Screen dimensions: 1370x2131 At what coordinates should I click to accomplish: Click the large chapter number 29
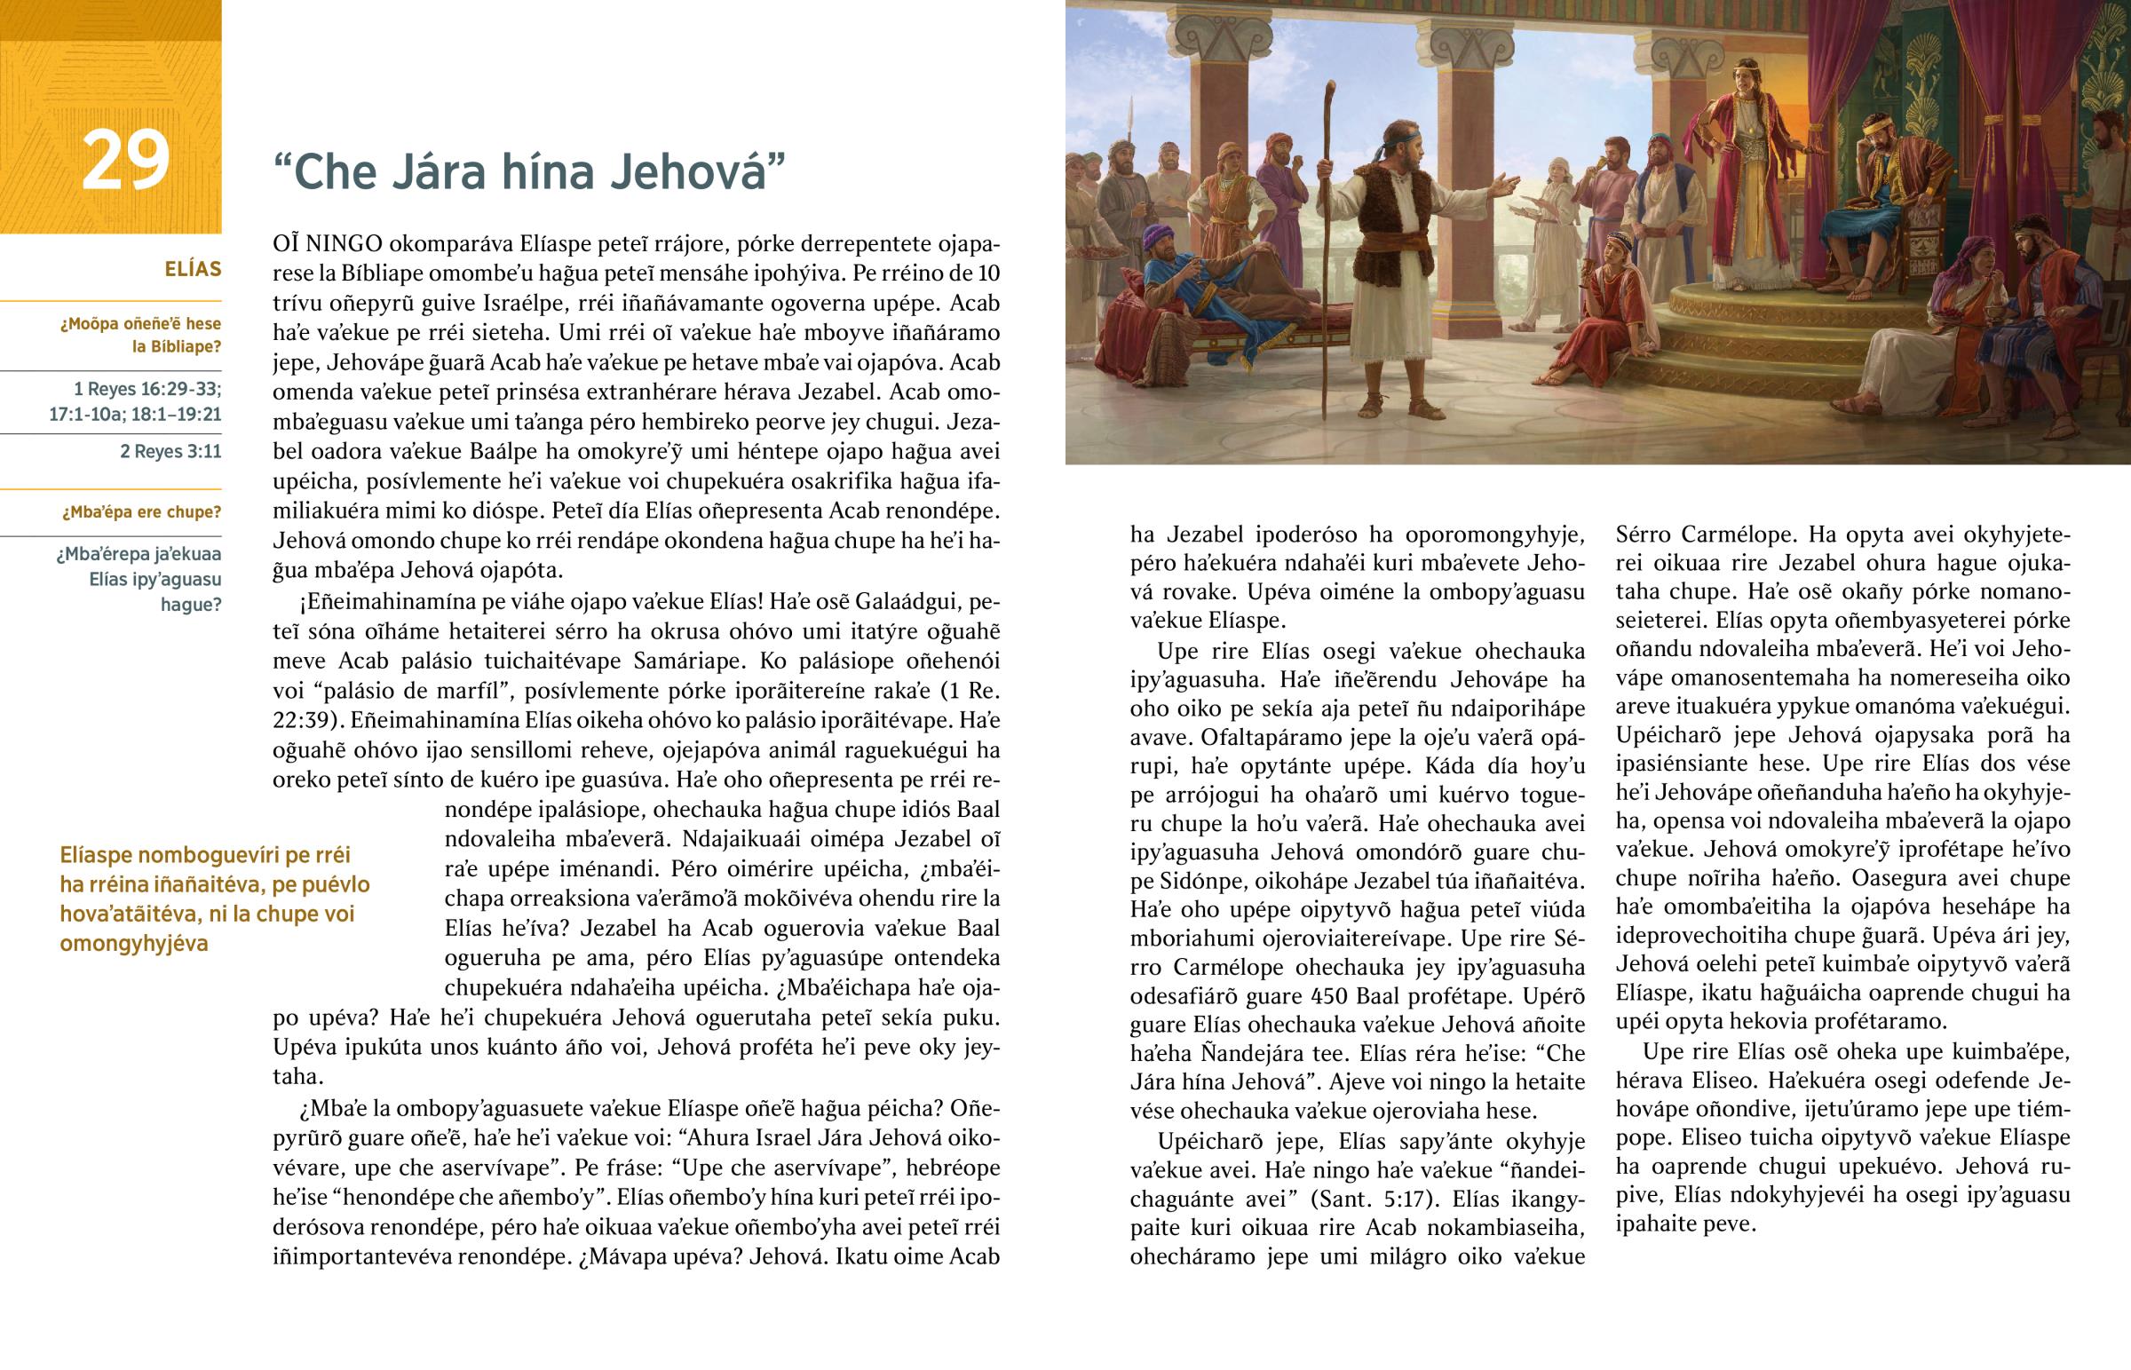click(125, 160)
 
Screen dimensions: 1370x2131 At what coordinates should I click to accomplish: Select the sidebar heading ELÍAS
click(192, 270)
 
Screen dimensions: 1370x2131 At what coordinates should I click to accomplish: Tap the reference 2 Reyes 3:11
click(170, 452)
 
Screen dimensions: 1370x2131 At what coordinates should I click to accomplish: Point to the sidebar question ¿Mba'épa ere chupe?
click(141, 512)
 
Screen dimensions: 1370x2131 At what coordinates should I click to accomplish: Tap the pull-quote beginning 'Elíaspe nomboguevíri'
click(213, 899)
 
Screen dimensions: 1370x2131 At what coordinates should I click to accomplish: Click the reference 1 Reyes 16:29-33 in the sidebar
click(147, 390)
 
